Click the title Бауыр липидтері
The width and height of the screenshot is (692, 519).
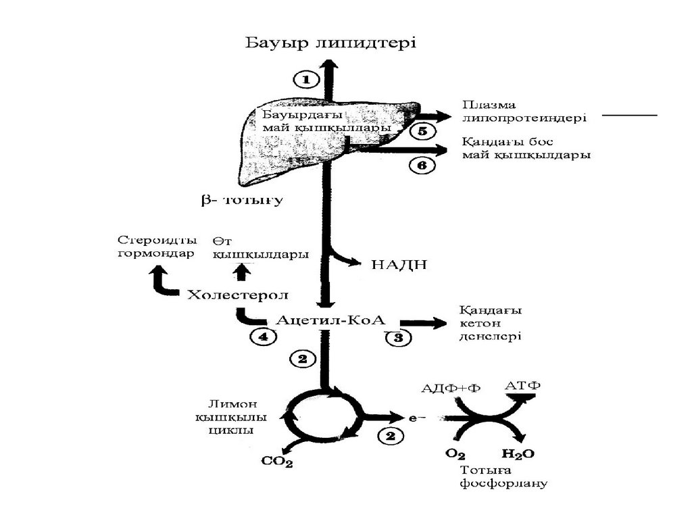pyautogui.click(x=330, y=43)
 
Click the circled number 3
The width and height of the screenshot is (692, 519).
pyautogui.click(x=399, y=338)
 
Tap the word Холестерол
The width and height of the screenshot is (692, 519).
pyautogui.click(x=238, y=295)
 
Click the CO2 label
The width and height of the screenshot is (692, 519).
pyautogui.click(x=277, y=462)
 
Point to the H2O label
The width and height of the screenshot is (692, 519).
pyautogui.click(x=517, y=454)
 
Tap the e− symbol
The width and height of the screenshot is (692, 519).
pyautogui.click(x=416, y=419)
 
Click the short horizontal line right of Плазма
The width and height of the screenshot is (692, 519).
pyautogui.click(x=629, y=116)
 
